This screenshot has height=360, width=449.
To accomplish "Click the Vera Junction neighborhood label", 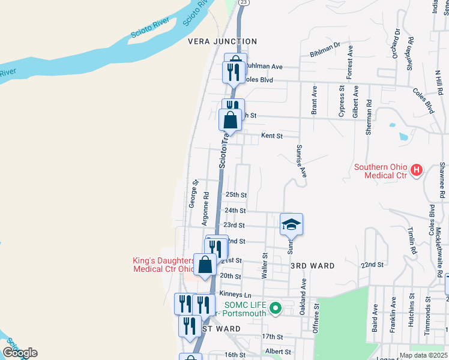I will coord(222,41).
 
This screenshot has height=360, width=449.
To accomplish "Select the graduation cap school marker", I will coord(291,224).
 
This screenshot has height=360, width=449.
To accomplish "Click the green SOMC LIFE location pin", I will coord(276,309).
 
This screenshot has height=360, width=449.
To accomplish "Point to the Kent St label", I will coord(271,136).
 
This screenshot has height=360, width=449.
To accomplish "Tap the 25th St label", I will coord(236,195).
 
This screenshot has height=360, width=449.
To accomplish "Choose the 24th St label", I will coord(235,211).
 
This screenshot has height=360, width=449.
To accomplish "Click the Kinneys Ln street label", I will coord(235,294).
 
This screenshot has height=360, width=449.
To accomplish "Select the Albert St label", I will coord(278,352).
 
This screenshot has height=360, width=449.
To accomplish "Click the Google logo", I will coord(19,353).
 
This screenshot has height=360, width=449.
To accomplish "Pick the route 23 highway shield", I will coord(243,2).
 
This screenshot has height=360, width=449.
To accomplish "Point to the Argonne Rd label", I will coord(206,206).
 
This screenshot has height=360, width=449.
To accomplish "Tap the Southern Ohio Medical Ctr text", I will coord(381,171).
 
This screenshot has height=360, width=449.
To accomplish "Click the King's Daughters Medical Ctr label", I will coord(164,265).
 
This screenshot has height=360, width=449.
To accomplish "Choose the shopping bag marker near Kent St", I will coord(231,120).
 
